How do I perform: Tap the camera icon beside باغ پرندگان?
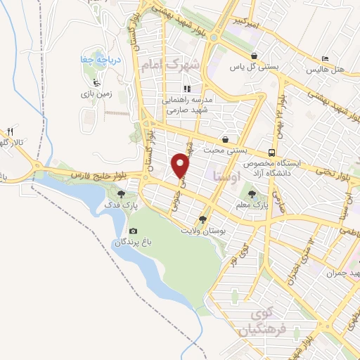pos(134,231)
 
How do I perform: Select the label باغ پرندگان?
pos(130,242)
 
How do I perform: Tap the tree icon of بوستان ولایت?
pos(203,219)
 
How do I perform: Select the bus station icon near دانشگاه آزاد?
pos(271,153)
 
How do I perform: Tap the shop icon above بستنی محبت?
pos(225,139)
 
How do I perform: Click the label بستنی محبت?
pos(223,150)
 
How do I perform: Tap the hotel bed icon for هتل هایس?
pos(324,58)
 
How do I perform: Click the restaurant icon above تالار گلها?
pos(11,131)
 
